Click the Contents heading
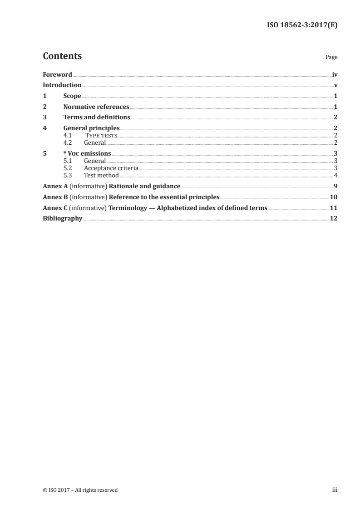62,56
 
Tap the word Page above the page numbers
331,58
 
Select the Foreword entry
57,74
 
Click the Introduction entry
62,85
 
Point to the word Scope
72,96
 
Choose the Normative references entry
96,107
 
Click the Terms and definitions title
97,117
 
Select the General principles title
91,128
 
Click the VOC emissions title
89,154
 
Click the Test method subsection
101,176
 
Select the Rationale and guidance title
145,186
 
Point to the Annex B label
52,197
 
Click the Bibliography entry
62,219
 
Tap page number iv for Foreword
335,74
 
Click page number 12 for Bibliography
334,219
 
